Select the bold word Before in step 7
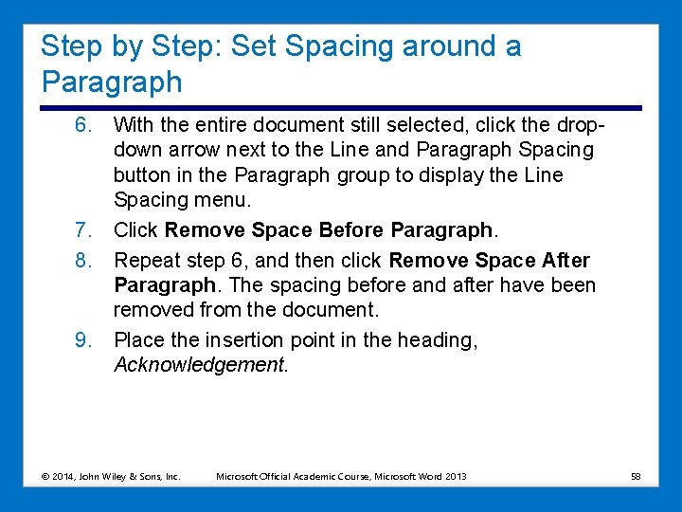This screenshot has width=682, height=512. point(352,230)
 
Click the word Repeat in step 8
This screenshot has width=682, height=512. point(144,261)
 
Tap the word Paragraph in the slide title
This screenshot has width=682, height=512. point(112,82)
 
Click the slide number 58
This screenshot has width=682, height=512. point(636,476)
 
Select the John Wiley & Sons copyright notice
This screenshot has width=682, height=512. point(111,476)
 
